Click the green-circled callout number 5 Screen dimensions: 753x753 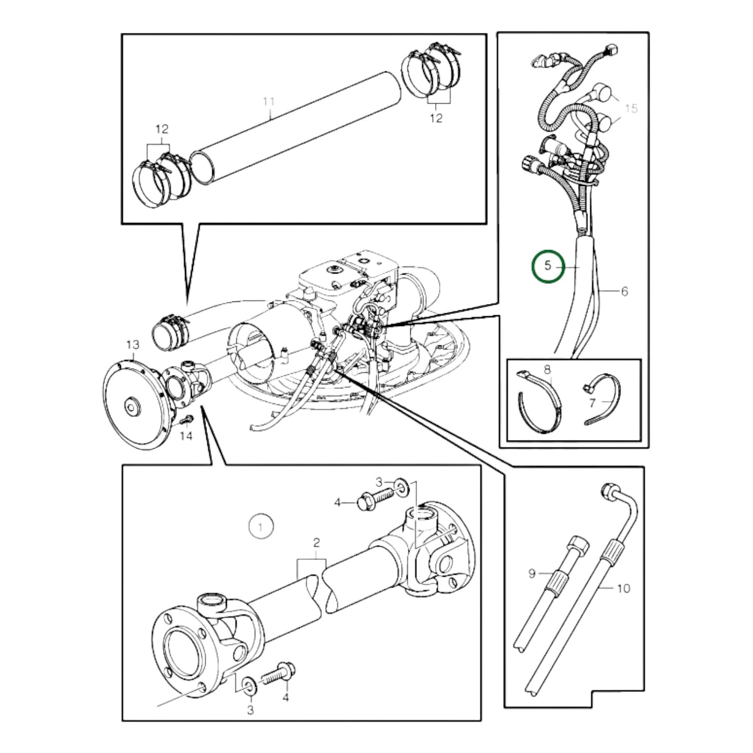coord(547,266)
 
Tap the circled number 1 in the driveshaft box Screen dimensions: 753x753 coord(261,527)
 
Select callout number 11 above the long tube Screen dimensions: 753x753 coord(268,101)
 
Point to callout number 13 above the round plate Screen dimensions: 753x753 coord(133,344)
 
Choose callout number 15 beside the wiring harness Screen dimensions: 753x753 coord(631,108)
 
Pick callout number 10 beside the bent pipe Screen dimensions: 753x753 coord(623,588)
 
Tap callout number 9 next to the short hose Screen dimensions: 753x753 coord(532,573)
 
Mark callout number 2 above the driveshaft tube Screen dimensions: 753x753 coord(316,543)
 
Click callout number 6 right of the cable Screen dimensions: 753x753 coord(624,291)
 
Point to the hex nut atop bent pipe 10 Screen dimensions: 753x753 coord(607,490)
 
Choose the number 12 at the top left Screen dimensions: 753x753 coord(162,129)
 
